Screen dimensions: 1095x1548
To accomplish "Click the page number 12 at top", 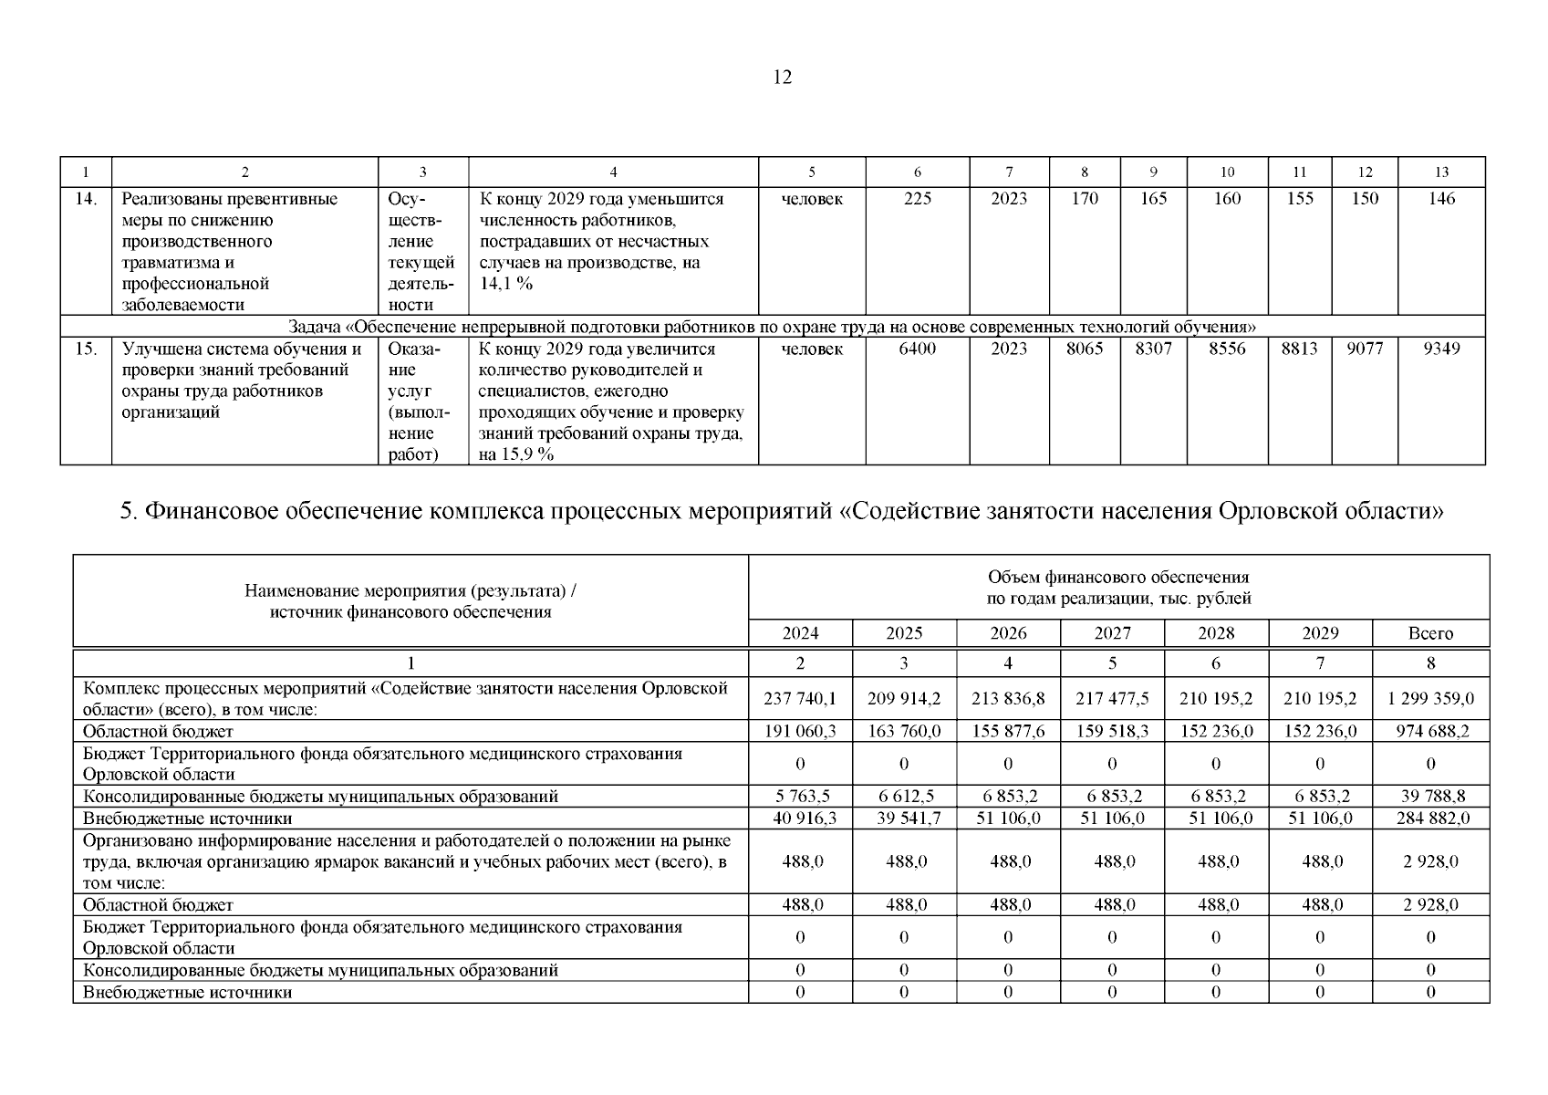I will point(782,78).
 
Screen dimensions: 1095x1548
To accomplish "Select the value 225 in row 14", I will point(917,199).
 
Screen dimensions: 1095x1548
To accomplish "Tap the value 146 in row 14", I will point(1441,199).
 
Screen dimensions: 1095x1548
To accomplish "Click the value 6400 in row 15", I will point(917,349).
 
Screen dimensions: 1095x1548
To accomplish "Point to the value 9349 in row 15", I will point(1441,349).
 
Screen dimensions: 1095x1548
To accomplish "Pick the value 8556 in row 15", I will point(1227,349).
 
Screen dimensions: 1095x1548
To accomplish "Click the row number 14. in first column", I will point(86,199).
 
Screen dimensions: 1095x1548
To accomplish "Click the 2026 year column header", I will point(1008,633).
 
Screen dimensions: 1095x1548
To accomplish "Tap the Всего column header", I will point(1430,633).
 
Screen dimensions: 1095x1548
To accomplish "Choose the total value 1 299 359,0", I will point(1430,699).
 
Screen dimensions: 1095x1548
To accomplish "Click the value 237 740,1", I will point(800,699).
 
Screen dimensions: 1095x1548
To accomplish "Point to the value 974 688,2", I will point(1430,731).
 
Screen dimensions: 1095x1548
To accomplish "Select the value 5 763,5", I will point(800,796).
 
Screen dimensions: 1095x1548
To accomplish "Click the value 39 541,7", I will point(904,819).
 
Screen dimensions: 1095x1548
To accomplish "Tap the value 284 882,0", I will point(1430,819).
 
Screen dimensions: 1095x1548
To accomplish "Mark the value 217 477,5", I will point(1112,699).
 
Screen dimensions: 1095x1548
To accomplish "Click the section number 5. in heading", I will point(129,511).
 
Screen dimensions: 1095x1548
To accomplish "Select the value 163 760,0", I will point(904,731).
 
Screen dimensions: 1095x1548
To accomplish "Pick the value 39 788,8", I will point(1430,796).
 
